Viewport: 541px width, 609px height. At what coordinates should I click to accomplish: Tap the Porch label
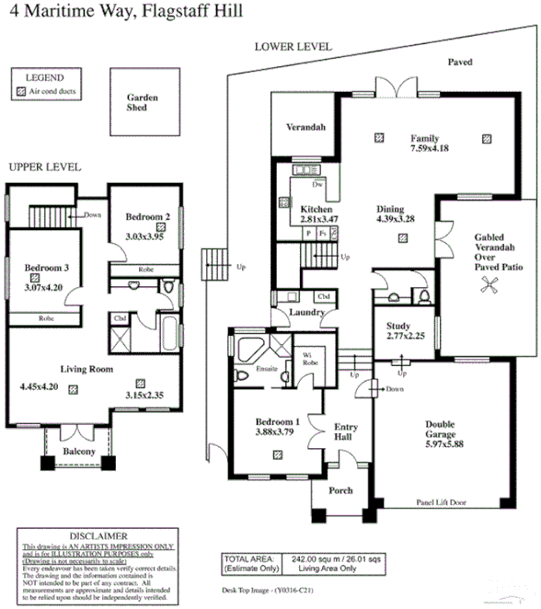pyautogui.click(x=340, y=490)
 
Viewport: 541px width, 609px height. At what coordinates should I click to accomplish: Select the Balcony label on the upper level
pyautogui.click(x=79, y=452)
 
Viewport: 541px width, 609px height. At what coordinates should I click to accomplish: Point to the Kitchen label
pyautogui.click(x=316, y=210)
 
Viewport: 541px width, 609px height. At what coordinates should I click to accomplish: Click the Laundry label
pyautogui.click(x=307, y=312)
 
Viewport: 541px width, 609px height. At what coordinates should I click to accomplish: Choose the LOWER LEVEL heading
pyautogui.click(x=293, y=46)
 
